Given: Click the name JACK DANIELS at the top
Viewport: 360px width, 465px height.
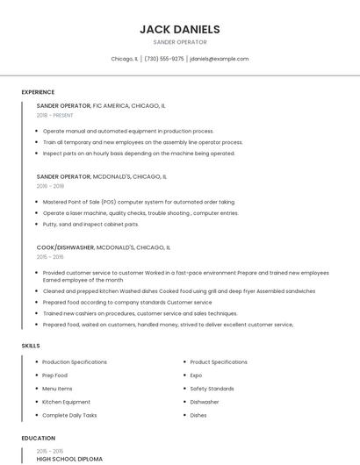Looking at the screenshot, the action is coord(179,29).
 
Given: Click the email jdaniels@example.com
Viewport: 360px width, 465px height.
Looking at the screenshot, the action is coord(219,59).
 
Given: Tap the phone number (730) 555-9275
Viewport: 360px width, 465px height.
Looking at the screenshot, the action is coord(164,59).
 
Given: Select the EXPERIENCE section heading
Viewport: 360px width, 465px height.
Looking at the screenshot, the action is coord(38,92).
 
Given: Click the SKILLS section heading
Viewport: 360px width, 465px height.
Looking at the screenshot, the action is coord(31,346).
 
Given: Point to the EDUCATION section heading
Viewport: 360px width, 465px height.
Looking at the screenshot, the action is coord(38,438).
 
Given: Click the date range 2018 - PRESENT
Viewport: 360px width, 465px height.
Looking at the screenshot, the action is coord(55,115).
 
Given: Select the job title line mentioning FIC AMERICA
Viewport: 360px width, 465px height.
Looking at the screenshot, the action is coord(101,105).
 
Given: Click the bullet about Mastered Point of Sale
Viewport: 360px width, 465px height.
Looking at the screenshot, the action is coord(139,202).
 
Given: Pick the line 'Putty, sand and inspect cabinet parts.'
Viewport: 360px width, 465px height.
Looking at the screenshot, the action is coord(90,224).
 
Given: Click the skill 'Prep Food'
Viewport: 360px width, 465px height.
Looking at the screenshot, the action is coord(54,376).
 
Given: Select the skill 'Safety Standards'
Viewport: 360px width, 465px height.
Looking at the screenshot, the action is coord(212,389).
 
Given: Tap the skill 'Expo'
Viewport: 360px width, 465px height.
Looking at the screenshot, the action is coord(197,376).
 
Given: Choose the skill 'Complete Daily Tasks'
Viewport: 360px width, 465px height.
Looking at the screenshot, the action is coord(69,415).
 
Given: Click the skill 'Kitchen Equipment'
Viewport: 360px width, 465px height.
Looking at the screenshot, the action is coord(66,402).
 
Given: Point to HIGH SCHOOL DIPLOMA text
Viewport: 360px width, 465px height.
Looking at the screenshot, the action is coord(69,459).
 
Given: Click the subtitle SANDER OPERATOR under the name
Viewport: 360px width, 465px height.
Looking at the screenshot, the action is coord(179,42).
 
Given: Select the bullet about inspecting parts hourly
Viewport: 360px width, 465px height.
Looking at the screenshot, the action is coord(139,153).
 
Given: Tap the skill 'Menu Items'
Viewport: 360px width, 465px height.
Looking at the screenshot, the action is coord(57,389).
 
